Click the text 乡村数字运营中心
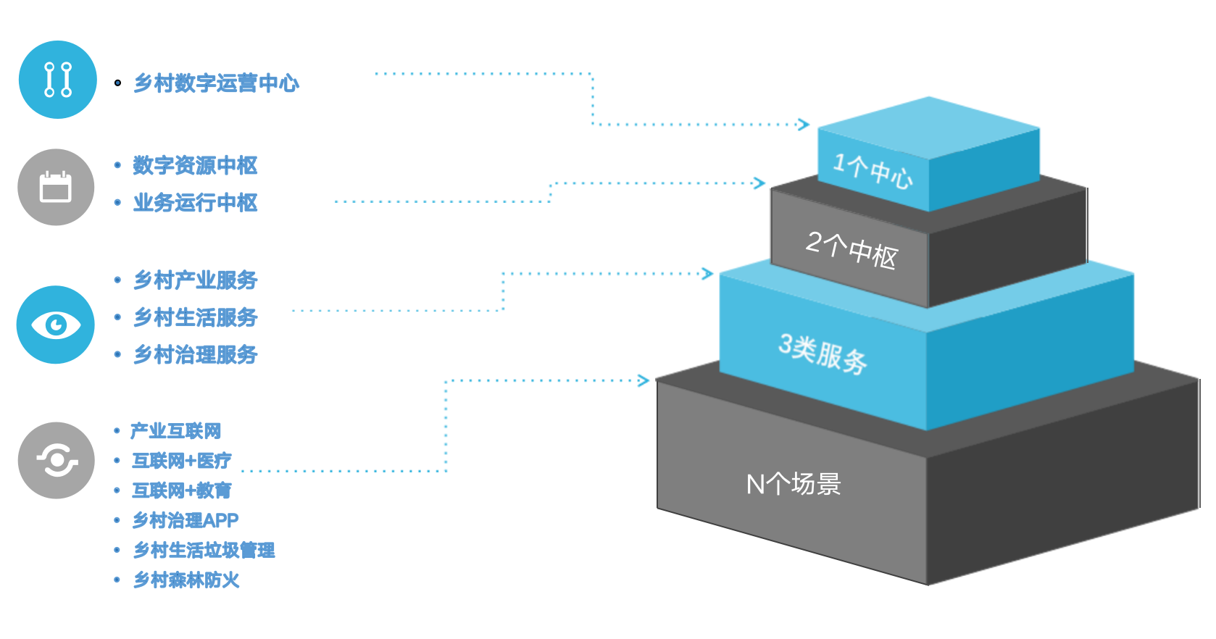click(216, 83)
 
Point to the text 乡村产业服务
click(196, 280)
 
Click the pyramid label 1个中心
click(873, 170)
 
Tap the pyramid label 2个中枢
click(851, 250)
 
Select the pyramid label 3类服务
click(823, 354)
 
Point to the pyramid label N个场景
click(794, 484)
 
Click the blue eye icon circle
click(55, 325)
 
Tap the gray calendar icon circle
click(56, 188)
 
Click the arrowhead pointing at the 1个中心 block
click(804, 125)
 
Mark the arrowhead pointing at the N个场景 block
click(644, 380)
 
